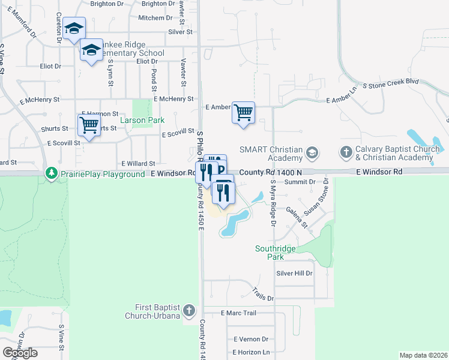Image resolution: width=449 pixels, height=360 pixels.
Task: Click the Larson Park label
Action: tap(142, 120)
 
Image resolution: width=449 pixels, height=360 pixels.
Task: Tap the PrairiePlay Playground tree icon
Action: tap(52, 173)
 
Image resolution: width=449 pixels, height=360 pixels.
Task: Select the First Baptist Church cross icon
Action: tap(189, 310)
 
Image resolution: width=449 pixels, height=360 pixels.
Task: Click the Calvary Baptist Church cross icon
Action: tap(346, 152)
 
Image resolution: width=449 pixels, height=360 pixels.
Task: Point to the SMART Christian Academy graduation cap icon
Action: tap(312, 152)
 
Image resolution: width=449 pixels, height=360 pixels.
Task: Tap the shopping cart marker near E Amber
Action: tap(243, 112)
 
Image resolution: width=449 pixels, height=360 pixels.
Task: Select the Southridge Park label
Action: tap(277, 252)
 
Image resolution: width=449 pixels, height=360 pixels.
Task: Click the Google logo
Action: tap(20, 353)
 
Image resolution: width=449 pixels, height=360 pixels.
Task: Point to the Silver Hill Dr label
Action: tap(294, 273)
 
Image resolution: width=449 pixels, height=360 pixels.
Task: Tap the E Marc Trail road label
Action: tap(238, 313)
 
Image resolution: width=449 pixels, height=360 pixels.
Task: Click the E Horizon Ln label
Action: tap(251, 352)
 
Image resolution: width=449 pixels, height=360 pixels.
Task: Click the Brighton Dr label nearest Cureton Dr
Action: tap(106, 4)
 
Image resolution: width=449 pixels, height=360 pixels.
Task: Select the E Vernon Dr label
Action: tap(251, 339)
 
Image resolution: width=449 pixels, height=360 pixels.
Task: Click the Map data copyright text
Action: tap(423, 355)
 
